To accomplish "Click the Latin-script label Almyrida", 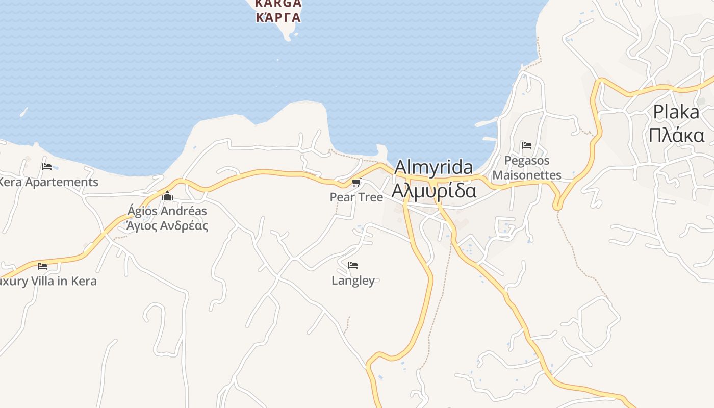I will pos(433,167).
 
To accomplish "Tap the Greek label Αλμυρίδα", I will pos(433,190).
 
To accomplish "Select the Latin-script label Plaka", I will pos(676,112).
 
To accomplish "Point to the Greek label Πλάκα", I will pos(676,135).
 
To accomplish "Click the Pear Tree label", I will pos(356,197).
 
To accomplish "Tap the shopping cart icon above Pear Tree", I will pos(356,183).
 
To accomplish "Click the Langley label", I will pos(353,280).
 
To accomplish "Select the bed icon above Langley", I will pos(352,265).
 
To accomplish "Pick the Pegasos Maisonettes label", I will pos(527,168).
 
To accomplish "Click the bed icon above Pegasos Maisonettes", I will pos(527,145).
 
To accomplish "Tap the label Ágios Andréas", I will pos(167,211).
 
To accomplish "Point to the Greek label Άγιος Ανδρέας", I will pos(167,225).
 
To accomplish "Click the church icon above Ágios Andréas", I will pos(167,196).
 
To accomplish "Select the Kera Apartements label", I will pos(48,182).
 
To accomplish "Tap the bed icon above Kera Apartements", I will pos(47,167).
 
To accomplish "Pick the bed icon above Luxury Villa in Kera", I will pos(42,266).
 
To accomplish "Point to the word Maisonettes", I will pos(527,175).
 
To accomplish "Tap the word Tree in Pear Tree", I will pos(370,197).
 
